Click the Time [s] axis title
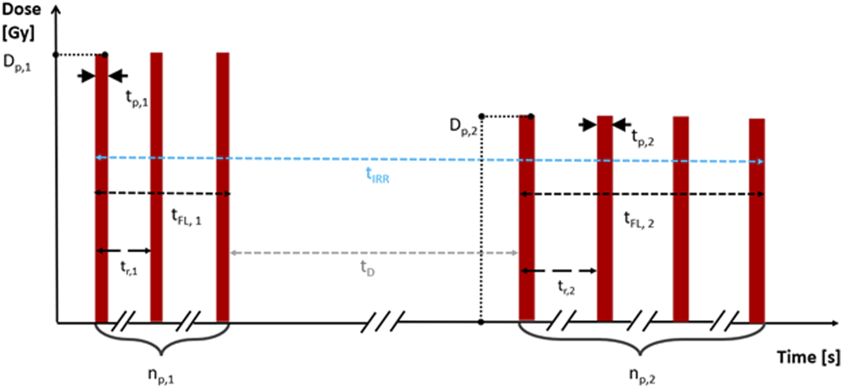808,358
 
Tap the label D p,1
17,63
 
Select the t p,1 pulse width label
136,98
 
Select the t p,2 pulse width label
642,138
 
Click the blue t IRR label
377,175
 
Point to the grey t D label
367,268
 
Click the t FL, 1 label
186,217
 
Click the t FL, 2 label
639,220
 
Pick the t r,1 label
128,268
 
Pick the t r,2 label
566,287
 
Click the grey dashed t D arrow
373,253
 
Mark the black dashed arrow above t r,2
558,271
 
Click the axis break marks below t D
383,321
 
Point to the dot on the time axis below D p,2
481,322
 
